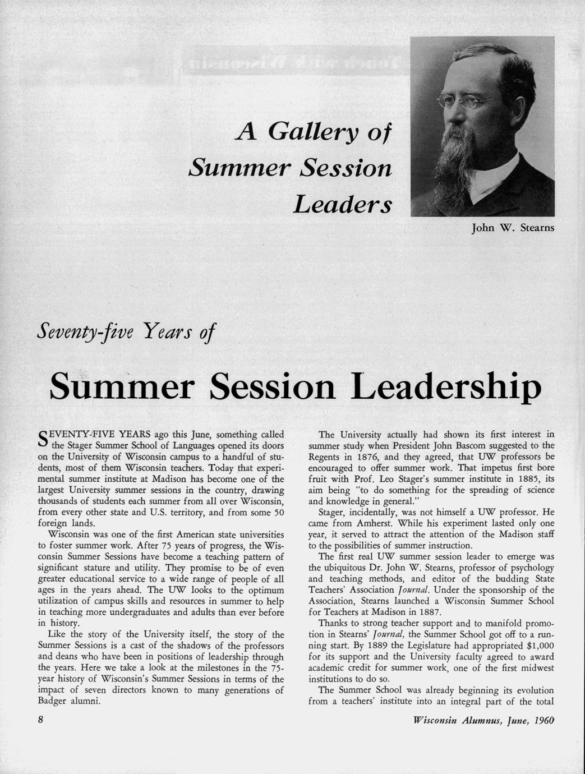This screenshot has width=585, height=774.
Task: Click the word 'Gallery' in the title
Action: point(314,132)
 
